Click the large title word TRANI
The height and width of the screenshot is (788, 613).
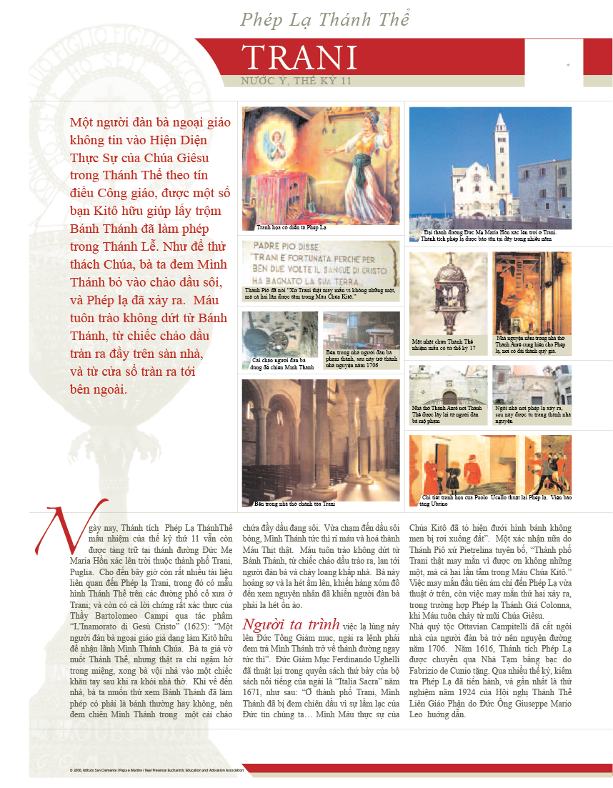click(299, 58)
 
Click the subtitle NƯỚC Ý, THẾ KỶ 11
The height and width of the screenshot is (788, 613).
click(296, 81)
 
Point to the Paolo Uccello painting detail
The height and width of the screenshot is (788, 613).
click(490, 464)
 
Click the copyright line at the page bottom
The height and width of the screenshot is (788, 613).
click(157, 770)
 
